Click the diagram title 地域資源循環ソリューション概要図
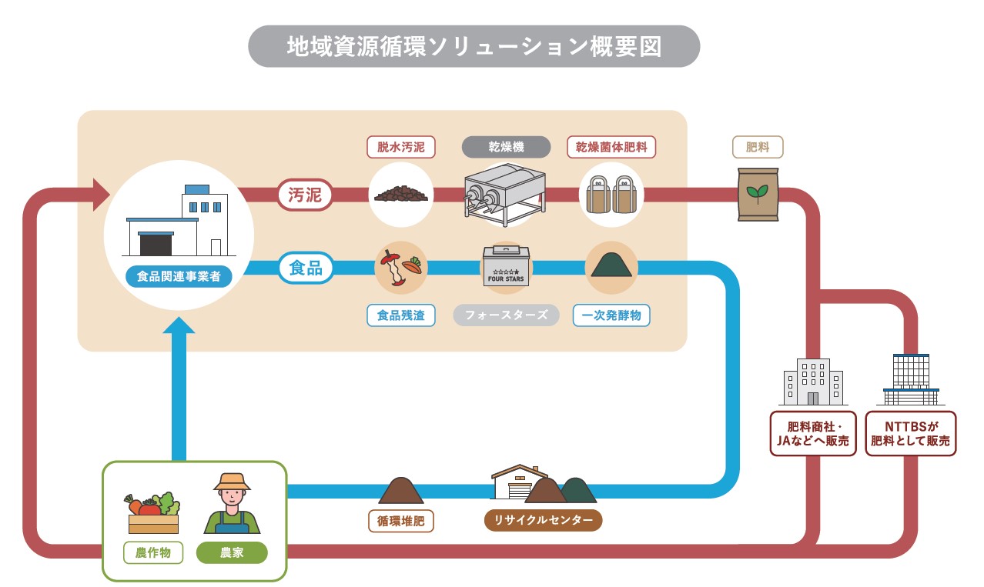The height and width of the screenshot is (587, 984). click(x=474, y=46)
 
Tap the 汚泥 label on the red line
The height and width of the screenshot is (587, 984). click(x=305, y=195)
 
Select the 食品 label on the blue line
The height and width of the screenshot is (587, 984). click(x=305, y=268)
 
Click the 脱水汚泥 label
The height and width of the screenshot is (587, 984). click(x=400, y=147)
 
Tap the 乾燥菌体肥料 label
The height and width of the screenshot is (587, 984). click(x=611, y=147)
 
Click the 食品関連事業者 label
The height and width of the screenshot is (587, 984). click(x=179, y=275)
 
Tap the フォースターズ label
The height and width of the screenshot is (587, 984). click(x=506, y=315)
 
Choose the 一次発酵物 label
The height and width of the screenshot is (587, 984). click(x=611, y=315)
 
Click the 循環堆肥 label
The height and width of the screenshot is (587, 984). click(x=400, y=521)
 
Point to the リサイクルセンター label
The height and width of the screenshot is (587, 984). click(x=543, y=521)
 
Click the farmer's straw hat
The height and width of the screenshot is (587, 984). click(x=232, y=482)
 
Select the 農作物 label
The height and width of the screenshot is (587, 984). click(x=152, y=552)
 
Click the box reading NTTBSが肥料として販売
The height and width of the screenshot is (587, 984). click(x=911, y=434)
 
